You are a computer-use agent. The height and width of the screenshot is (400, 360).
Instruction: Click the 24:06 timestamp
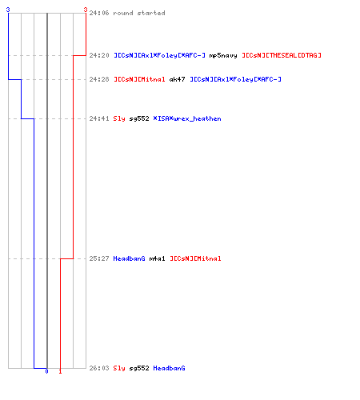click(99, 13)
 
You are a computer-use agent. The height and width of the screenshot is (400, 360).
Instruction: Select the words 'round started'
click(139, 13)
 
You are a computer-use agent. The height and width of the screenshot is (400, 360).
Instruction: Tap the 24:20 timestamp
click(99, 55)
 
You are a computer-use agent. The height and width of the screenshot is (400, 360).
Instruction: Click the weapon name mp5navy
click(223, 55)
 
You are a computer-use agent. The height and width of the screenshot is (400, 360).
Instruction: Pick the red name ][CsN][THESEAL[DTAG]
click(282, 55)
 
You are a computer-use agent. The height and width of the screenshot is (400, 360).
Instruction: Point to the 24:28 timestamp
click(99, 79)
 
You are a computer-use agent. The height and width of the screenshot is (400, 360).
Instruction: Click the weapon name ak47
click(177, 79)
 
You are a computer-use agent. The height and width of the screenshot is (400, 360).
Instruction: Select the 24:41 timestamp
click(99, 118)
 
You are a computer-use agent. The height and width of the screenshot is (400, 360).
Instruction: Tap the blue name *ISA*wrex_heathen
click(187, 118)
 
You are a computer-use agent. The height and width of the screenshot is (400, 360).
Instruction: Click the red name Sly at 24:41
click(119, 118)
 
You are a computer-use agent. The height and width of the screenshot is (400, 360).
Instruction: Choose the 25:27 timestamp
click(99, 258)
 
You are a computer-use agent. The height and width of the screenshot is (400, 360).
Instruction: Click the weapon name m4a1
click(157, 258)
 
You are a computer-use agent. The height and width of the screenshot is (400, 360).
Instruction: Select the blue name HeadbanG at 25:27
click(129, 258)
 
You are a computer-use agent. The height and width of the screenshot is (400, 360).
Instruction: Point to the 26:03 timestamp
click(99, 368)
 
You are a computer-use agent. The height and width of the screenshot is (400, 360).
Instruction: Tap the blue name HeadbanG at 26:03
click(169, 368)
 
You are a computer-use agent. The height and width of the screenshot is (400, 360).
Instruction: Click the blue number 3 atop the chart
click(8, 10)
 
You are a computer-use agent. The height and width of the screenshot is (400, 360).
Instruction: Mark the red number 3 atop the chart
click(86, 10)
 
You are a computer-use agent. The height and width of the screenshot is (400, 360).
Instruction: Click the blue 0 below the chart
click(46, 371)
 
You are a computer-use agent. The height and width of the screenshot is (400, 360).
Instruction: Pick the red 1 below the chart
click(60, 371)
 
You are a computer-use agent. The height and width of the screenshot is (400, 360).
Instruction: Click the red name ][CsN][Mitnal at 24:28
click(139, 79)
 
